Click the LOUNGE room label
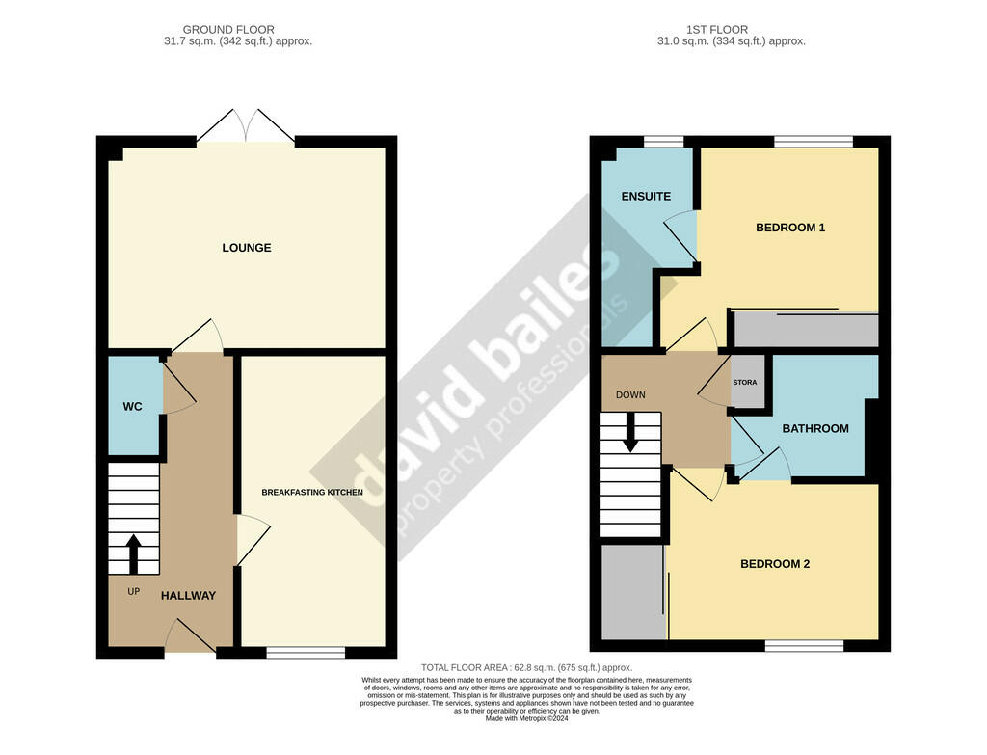247,248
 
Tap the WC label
132,407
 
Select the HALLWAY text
188,596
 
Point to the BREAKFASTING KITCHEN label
312,493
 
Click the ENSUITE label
646,197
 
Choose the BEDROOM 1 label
790,228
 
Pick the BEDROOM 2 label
775,564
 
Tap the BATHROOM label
815,429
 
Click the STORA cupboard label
745,382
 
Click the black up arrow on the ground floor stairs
133,554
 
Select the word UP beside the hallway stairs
133,591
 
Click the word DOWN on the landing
630,395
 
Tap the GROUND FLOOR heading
228,30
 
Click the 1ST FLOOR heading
717,30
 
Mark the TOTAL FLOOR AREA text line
527,668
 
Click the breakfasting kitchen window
306,653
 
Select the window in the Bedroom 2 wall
805,646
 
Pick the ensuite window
663,142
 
